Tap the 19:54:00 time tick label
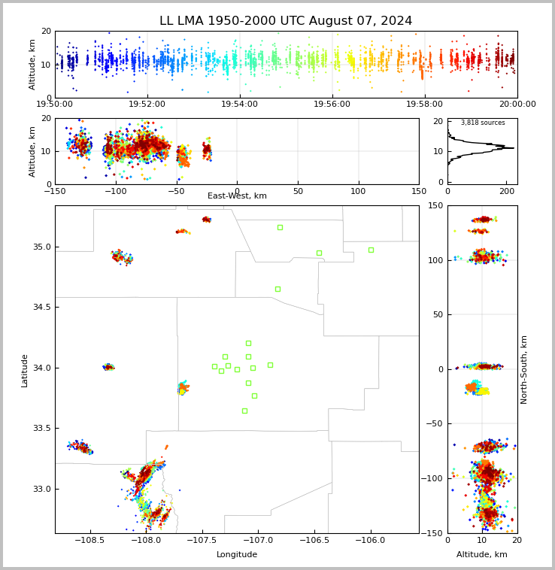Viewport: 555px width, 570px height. point(239,105)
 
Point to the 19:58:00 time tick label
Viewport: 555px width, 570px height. point(424,105)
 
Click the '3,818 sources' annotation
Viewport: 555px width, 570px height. point(483,123)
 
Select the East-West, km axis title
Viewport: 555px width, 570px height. point(237,196)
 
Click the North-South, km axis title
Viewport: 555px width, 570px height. point(523,370)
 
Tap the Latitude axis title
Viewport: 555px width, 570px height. point(24,371)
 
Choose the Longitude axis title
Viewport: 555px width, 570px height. point(237,554)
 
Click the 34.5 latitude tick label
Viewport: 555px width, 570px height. point(41,307)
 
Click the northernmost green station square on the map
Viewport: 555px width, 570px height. point(281,228)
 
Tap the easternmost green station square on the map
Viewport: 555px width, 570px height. point(371,250)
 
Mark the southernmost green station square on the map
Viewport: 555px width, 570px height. point(244,411)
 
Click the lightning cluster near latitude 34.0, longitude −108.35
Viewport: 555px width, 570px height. point(108,367)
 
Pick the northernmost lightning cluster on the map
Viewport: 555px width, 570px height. point(207,220)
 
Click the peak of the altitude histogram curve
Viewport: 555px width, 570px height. point(514,148)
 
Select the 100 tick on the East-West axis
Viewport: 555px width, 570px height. point(359,191)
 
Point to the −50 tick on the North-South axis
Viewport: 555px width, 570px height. point(432,424)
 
